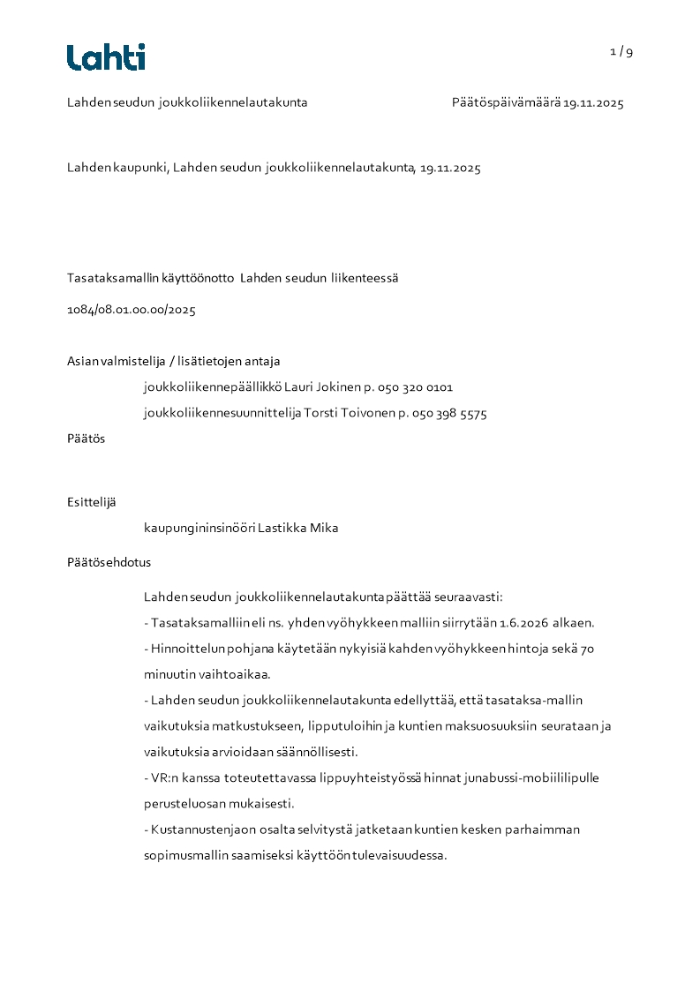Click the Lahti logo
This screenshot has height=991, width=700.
point(106,57)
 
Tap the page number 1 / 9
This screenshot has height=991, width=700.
point(621,51)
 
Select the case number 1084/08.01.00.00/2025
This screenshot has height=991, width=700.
point(131,310)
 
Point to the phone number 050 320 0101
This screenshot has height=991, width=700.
point(415,387)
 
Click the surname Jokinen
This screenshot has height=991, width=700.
point(338,387)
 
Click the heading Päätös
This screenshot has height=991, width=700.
point(86,439)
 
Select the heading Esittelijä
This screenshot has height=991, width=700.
point(91,502)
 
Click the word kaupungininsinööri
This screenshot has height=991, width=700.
point(199,529)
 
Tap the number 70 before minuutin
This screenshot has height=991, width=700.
point(587,649)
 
